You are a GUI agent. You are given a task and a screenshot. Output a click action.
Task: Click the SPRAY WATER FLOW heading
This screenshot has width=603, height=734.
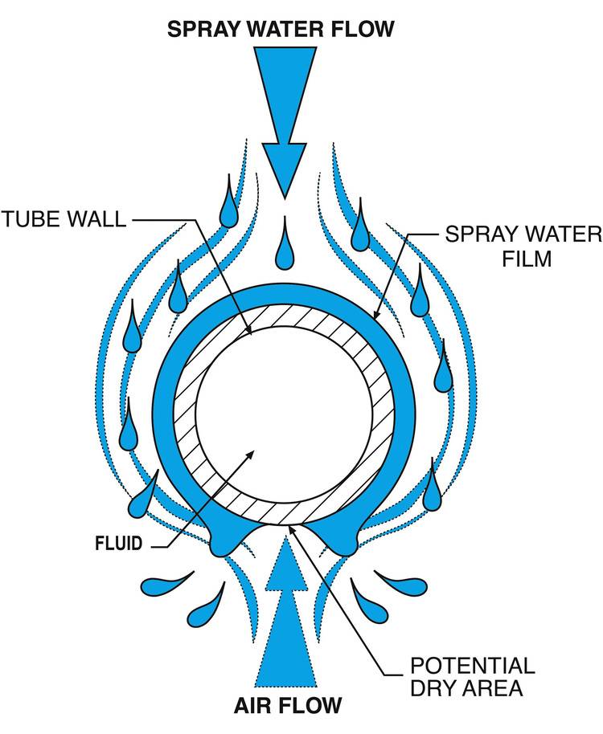tap(281, 29)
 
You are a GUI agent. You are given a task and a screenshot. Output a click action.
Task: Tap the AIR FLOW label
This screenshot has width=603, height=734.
tap(288, 706)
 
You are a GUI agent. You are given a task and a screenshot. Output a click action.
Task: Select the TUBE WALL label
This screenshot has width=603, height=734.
tap(64, 218)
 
